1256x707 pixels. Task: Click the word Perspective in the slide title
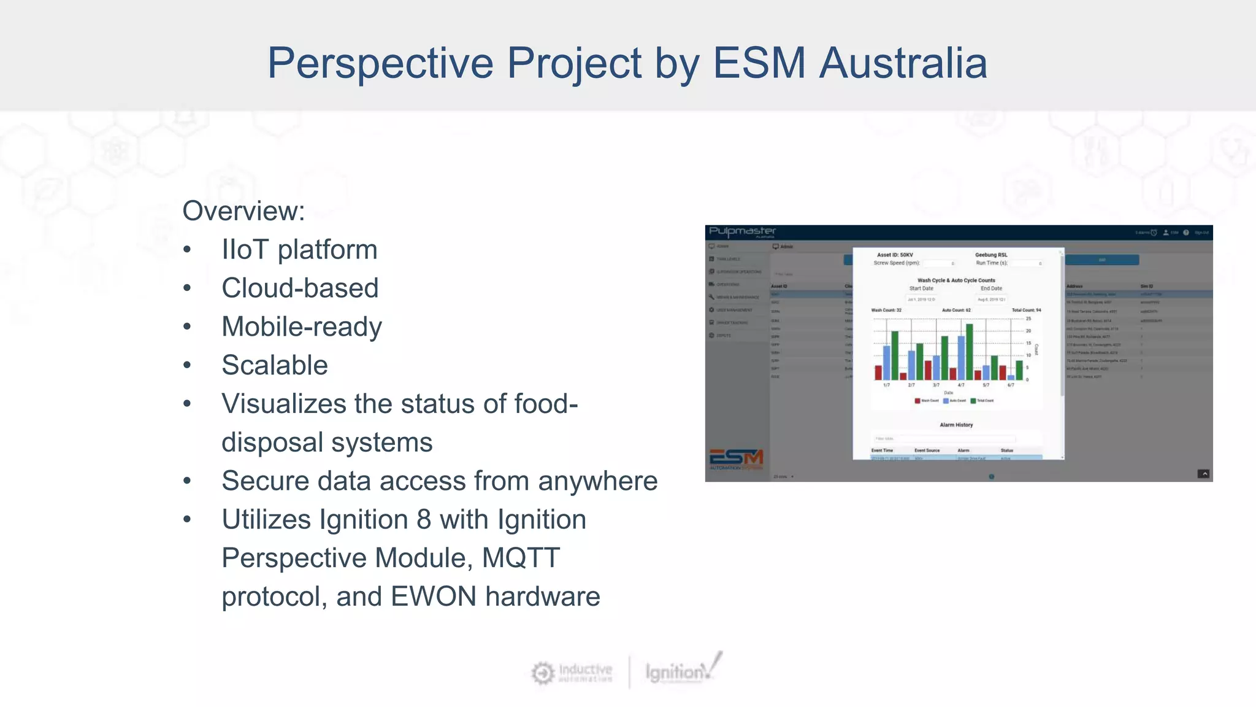tap(380, 63)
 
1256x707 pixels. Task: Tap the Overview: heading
tap(243, 211)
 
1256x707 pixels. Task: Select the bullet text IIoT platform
tap(299, 250)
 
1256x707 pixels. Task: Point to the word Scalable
tap(274, 365)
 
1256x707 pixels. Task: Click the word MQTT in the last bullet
tap(521, 558)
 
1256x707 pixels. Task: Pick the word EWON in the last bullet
tap(433, 597)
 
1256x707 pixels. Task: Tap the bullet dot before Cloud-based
tap(187, 288)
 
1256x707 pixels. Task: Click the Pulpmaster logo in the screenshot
tap(742, 232)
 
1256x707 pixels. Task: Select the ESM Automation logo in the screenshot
tap(736, 460)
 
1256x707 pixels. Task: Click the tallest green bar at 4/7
tap(970, 352)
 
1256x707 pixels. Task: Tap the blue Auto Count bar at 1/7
tap(886, 363)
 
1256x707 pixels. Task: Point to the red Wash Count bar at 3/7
tap(928, 370)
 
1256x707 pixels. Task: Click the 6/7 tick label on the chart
tap(1011, 385)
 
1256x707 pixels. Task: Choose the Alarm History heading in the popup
tap(956, 425)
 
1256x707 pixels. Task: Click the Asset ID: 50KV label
tap(895, 255)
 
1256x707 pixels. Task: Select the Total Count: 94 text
tap(1026, 311)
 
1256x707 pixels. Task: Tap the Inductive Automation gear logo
tap(542, 673)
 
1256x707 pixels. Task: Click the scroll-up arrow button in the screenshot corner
tap(1204, 474)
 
